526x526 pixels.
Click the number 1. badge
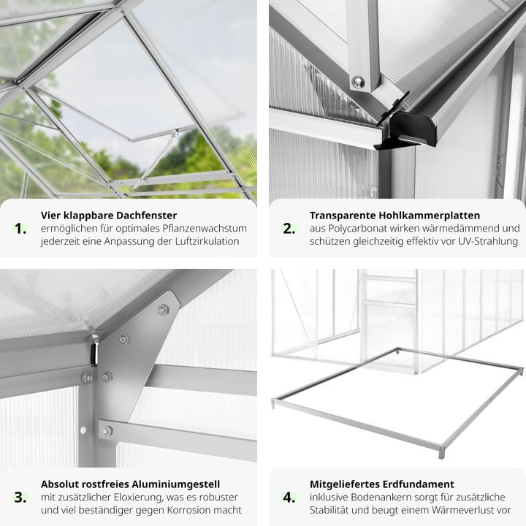pyautogui.click(x=20, y=228)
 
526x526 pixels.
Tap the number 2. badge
pyautogui.click(x=289, y=228)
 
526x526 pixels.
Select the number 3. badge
pyautogui.click(x=20, y=497)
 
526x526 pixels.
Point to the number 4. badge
pyautogui.click(x=289, y=497)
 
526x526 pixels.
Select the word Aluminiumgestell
pyautogui.click(x=173, y=484)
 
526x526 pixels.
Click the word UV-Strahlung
pyautogui.click(x=482, y=241)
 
